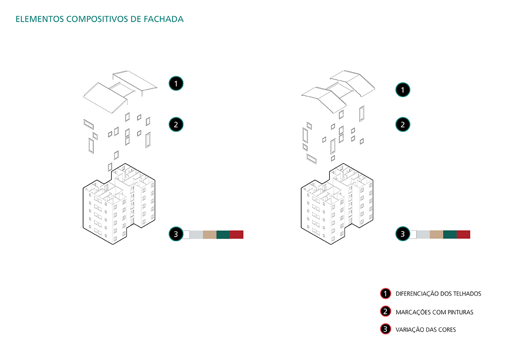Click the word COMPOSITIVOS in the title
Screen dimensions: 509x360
tap(95, 19)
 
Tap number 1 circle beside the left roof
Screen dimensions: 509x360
tap(176, 84)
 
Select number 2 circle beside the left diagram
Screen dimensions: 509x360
tap(176, 125)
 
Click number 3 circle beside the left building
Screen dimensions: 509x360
tap(176, 234)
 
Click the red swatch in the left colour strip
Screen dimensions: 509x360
tap(236, 234)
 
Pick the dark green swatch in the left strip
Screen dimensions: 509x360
tap(223, 234)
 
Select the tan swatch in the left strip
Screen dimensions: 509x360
tap(210, 234)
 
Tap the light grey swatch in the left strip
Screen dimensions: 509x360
tap(196, 234)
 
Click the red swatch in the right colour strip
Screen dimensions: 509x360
tap(463, 234)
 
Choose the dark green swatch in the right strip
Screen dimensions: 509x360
tap(450, 234)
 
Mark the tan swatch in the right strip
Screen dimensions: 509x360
tap(436, 234)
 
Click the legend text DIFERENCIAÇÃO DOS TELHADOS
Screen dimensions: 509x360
tap(438, 293)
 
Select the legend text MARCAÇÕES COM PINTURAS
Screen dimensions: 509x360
tap(434, 312)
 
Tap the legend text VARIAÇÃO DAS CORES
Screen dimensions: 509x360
tap(425, 329)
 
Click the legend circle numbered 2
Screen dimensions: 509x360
tap(385, 312)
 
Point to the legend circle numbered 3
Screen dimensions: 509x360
tap(385, 329)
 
